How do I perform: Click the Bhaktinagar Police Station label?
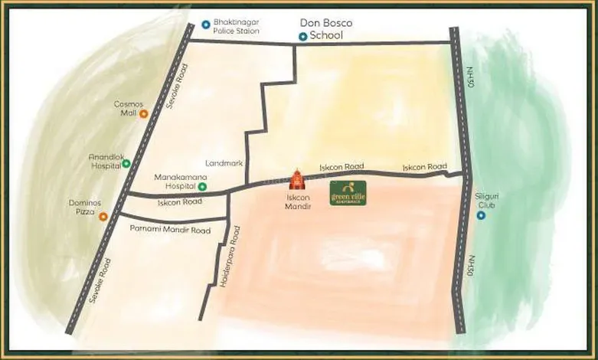(236, 27)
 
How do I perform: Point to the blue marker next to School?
(302, 36)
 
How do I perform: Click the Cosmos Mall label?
(124, 109)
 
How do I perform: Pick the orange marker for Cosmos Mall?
(143, 113)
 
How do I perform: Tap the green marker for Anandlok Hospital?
(126, 163)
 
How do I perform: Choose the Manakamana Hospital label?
(175, 181)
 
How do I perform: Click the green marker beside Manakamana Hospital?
(202, 186)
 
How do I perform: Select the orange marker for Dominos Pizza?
(103, 217)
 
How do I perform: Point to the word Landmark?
(224, 163)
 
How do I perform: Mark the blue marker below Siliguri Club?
(481, 215)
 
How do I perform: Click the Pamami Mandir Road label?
(170, 230)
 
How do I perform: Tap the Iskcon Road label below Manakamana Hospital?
(179, 203)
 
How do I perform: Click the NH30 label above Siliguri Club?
(469, 77)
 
